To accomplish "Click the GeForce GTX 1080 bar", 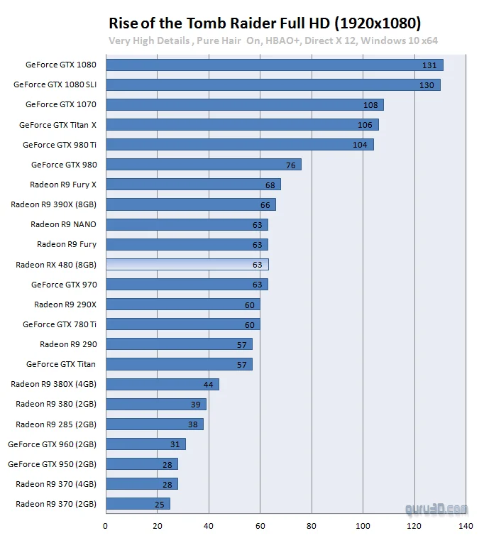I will (x=274, y=65).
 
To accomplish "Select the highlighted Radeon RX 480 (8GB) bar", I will (x=187, y=265).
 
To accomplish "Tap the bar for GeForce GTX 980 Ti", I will (x=239, y=145).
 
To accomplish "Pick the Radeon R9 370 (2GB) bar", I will (x=137, y=504).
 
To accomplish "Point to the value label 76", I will (x=291, y=165).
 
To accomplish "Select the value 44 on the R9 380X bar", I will (x=209, y=385).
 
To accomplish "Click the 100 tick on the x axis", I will (x=363, y=526).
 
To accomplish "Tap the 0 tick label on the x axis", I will (x=105, y=526).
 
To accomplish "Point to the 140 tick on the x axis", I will (x=466, y=526).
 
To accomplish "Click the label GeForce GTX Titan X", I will (x=57, y=125).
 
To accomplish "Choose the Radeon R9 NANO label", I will (x=63, y=224).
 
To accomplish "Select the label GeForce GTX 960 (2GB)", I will (x=52, y=444).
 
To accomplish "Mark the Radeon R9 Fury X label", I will (x=63, y=185).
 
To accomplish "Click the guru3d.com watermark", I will (x=436, y=509).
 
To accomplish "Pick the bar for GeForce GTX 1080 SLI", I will (x=273, y=85).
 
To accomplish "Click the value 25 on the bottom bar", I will (x=160, y=505).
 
